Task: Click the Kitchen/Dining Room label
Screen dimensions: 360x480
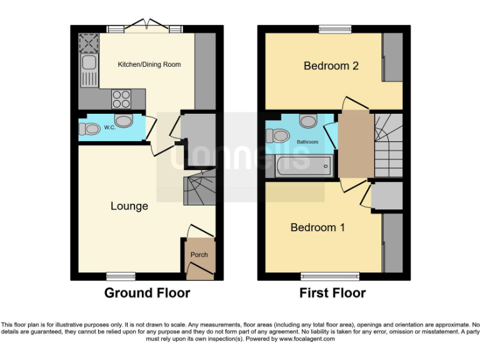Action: pyautogui.click(x=149, y=64)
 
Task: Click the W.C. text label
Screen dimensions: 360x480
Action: pyautogui.click(x=110, y=128)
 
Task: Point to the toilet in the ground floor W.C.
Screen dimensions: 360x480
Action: pyautogui.click(x=90, y=129)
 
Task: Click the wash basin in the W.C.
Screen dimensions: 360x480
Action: pyautogui.click(x=124, y=120)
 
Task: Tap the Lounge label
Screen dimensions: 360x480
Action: pyautogui.click(x=129, y=206)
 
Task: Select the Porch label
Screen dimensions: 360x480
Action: pyautogui.click(x=199, y=254)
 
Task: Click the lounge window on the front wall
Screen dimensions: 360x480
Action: pyautogui.click(x=121, y=276)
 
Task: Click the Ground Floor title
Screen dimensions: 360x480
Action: pyautogui.click(x=147, y=293)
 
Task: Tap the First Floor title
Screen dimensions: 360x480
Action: pyautogui.click(x=332, y=293)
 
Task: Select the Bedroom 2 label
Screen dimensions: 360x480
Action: pyautogui.click(x=331, y=66)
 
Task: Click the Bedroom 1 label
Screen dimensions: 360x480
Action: pyautogui.click(x=317, y=227)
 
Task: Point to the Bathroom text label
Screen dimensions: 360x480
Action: pyautogui.click(x=307, y=142)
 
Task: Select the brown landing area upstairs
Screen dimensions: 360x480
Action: pyautogui.click(x=354, y=144)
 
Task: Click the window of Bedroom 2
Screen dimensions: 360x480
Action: pyautogui.click(x=334, y=29)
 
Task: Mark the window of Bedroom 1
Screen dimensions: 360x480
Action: pyautogui.click(x=330, y=276)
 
